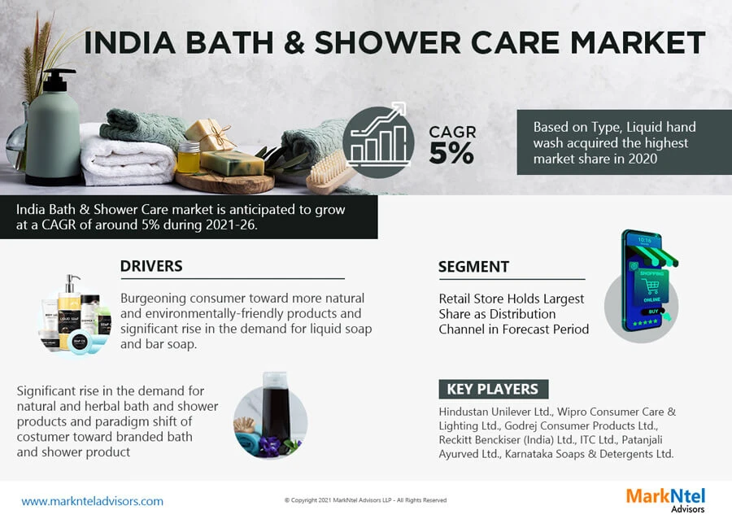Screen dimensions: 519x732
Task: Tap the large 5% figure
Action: point(451,154)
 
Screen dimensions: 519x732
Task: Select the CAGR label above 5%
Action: point(452,132)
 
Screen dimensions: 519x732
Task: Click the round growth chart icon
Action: point(378,143)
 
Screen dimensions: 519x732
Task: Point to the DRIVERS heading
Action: point(151,266)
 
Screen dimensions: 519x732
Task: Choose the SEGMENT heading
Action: point(473,266)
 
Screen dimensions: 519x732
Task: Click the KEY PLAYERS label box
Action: point(492,389)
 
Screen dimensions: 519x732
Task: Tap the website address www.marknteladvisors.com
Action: point(92,501)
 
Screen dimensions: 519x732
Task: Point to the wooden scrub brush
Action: point(329,172)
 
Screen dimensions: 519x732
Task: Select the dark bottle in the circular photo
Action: point(271,407)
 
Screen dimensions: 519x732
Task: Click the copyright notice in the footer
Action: point(365,500)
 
